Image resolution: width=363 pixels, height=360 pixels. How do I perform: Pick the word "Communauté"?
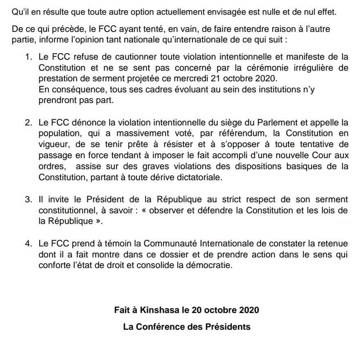click(170, 244)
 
